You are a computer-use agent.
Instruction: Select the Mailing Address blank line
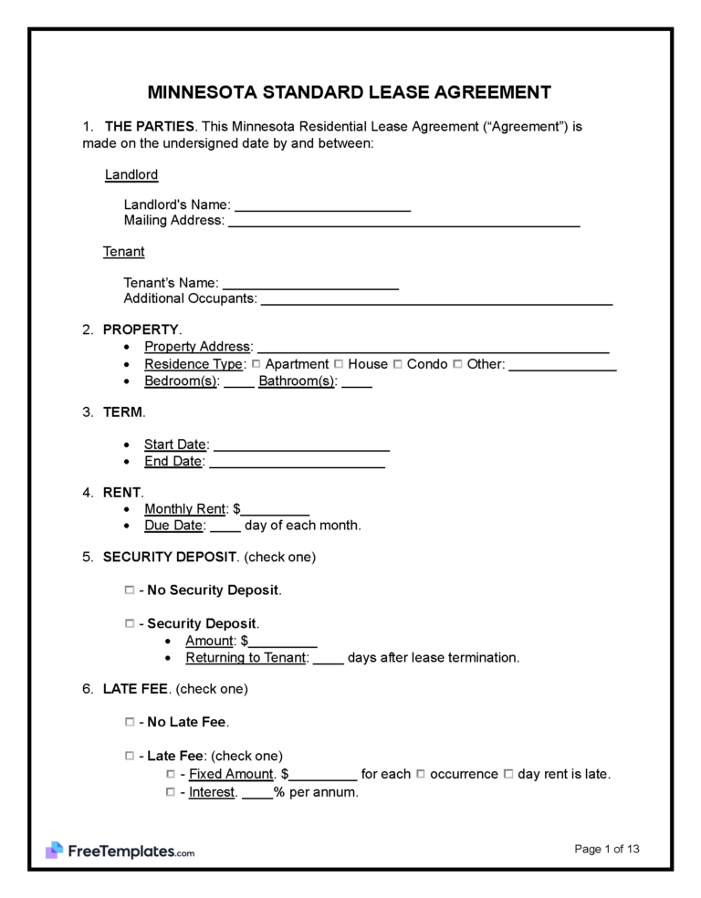(403, 222)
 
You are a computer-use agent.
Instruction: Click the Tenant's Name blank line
(310, 285)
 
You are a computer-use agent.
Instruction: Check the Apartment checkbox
(256, 364)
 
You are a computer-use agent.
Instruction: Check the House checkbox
(340, 364)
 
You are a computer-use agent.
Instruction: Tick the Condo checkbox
(398, 364)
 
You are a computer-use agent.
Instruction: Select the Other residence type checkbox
(457, 364)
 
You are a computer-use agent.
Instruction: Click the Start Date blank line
(301, 446)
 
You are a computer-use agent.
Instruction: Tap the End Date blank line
(297, 463)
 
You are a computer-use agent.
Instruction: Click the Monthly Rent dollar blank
(276, 511)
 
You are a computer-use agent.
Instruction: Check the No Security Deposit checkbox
(130, 590)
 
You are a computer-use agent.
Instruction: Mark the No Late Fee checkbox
(130, 722)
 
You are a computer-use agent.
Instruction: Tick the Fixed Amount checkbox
(171, 774)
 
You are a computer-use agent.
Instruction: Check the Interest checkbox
(171, 792)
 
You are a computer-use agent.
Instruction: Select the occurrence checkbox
(421, 774)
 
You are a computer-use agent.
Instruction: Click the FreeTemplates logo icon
(54, 851)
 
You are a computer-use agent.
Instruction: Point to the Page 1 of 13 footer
(607, 850)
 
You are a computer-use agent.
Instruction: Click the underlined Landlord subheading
(131, 174)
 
